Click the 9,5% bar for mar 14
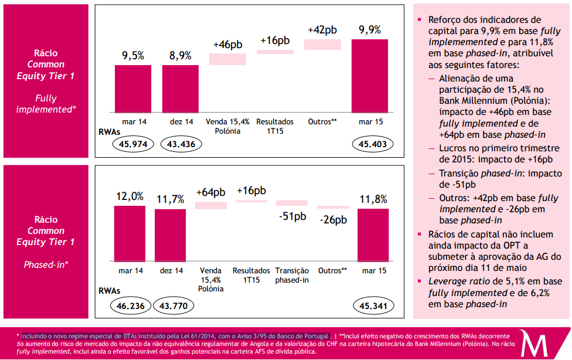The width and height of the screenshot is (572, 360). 133,88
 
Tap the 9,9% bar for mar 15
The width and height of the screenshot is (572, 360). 369,75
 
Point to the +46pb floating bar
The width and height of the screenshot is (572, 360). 227,59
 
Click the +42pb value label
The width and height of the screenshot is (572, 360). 322,29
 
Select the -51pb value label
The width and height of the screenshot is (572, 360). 292,216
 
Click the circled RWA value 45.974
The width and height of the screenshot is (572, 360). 133,144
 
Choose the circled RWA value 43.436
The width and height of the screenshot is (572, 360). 181,144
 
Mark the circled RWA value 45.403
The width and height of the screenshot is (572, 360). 373,144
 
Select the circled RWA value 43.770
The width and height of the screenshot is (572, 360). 173,305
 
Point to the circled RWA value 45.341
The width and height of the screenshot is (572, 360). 373,305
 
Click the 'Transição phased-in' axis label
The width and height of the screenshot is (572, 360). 292,276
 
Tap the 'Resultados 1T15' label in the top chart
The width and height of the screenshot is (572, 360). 275,126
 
